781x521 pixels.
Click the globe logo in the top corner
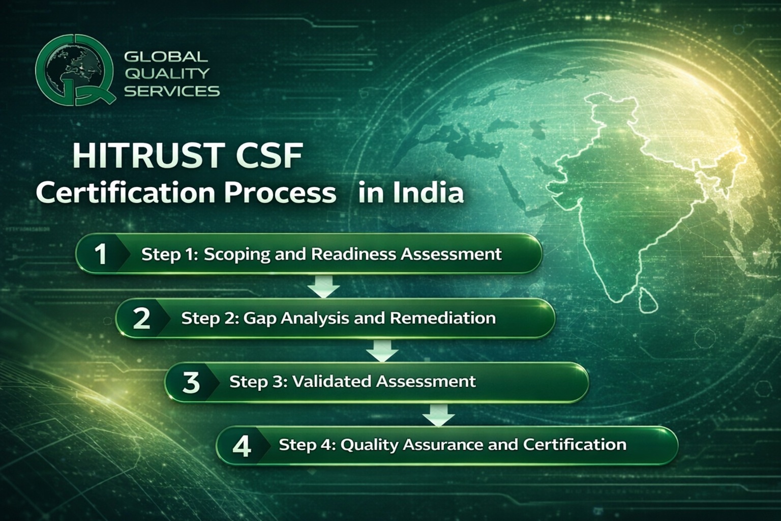74,70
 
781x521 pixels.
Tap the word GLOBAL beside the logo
166,56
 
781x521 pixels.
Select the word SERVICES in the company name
172,92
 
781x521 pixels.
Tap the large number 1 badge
101,254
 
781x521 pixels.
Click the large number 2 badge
141,319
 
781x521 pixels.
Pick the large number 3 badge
191,382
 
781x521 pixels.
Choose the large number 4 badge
242,446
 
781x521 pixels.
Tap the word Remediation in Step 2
442,318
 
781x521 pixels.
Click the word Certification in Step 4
575,445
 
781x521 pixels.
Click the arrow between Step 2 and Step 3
382,351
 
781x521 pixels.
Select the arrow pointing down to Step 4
438,415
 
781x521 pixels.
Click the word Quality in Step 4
369,445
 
